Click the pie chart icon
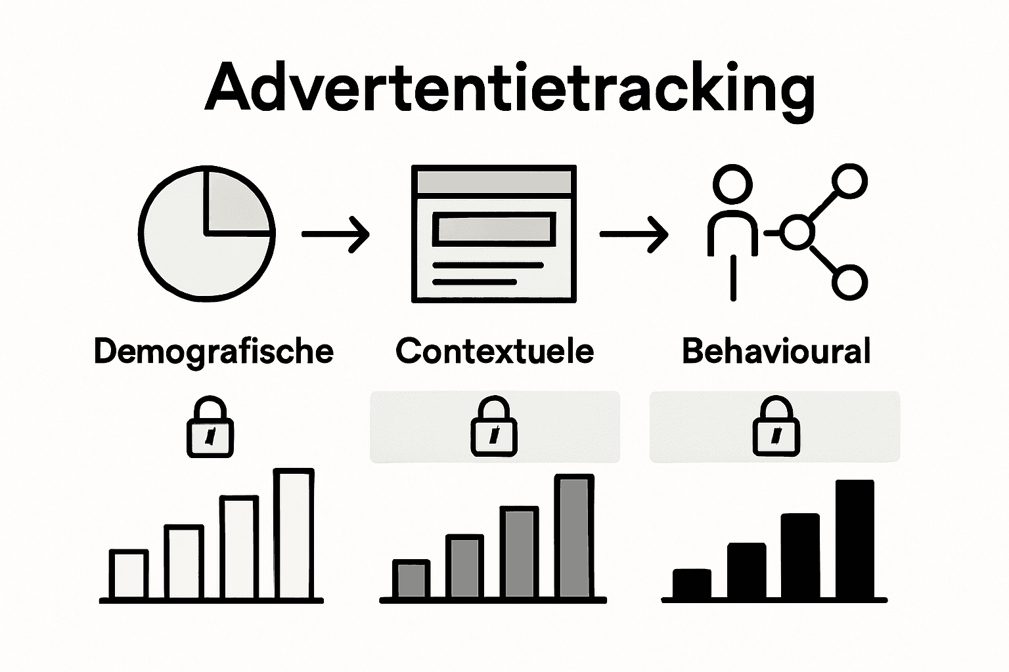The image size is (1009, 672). [x=206, y=233]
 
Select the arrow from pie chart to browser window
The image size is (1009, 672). [x=336, y=234]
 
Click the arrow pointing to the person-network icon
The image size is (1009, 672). [x=634, y=234]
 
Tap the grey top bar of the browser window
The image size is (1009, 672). [x=494, y=180]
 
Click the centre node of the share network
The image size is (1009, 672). [x=797, y=232]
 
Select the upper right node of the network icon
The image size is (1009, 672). [x=849, y=180]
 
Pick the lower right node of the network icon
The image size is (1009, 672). [x=849, y=283]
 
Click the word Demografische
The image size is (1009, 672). [x=213, y=352]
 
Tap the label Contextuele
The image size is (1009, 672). [x=495, y=352]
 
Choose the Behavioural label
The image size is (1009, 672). [x=776, y=352]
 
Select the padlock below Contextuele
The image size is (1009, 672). [x=494, y=427]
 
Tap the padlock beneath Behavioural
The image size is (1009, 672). [x=776, y=427]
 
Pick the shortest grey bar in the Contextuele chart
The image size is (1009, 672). [x=412, y=579]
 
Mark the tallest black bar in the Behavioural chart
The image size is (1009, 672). [x=855, y=539]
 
